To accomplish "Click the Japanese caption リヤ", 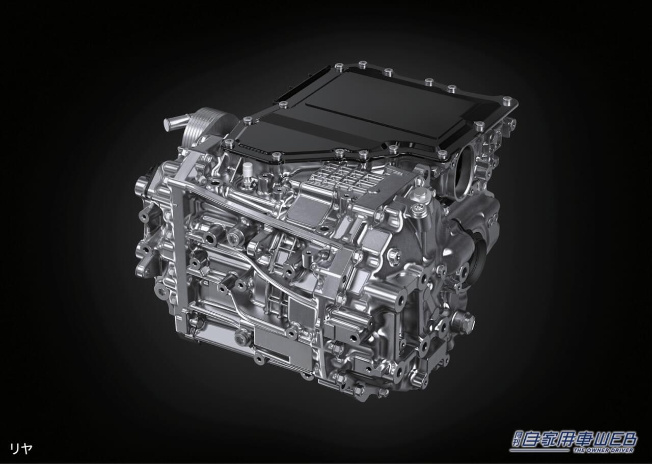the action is click(21, 449).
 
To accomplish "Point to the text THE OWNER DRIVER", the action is click(604, 458).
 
